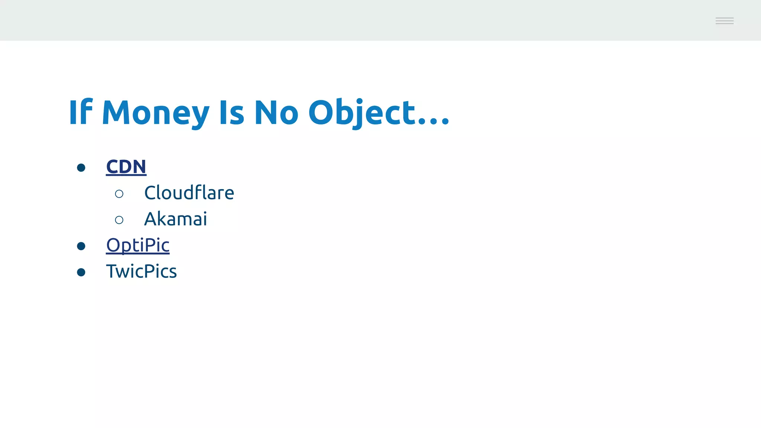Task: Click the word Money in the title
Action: pyautogui.click(x=155, y=112)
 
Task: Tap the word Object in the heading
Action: pyautogui.click(x=362, y=112)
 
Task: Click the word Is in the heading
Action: pyautogui.click(x=231, y=112)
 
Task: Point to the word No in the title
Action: pyautogui.click(x=276, y=112)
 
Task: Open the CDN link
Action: pyautogui.click(x=126, y=166)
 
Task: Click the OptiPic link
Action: pyautogui.click(x=137, y=245)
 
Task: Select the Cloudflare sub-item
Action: pyautogui.click(x=189, y=193)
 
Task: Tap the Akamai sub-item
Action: pyautogui.click(x=175, y=219)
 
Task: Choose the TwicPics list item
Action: pyautogui.click(x=141, y=271)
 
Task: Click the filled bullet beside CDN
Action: pyautogui.click(x=81, y=168)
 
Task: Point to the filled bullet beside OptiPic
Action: pyautogui.click(x=81, y=246)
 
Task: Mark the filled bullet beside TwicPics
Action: pyautogui.click(x=81, y=272)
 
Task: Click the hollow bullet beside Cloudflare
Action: pyautogui.click(x=119, y=194)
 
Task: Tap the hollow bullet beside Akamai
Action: pyautogui.click(x=119, y=220)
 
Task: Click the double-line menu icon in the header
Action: pyautogui.click(x=724, y=21)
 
